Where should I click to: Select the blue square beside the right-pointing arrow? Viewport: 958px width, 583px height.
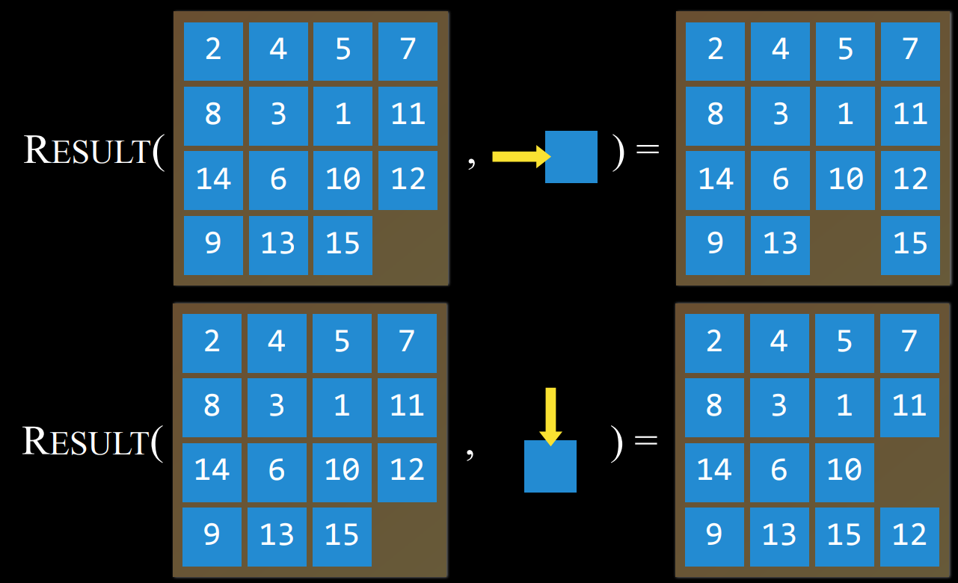[x=571, y=157]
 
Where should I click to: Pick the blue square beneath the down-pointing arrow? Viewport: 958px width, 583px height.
[x=550, y=466]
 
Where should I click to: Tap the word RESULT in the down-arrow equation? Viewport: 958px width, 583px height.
[x=87, y=442]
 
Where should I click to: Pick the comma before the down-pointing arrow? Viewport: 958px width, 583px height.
[x=470, y=456]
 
